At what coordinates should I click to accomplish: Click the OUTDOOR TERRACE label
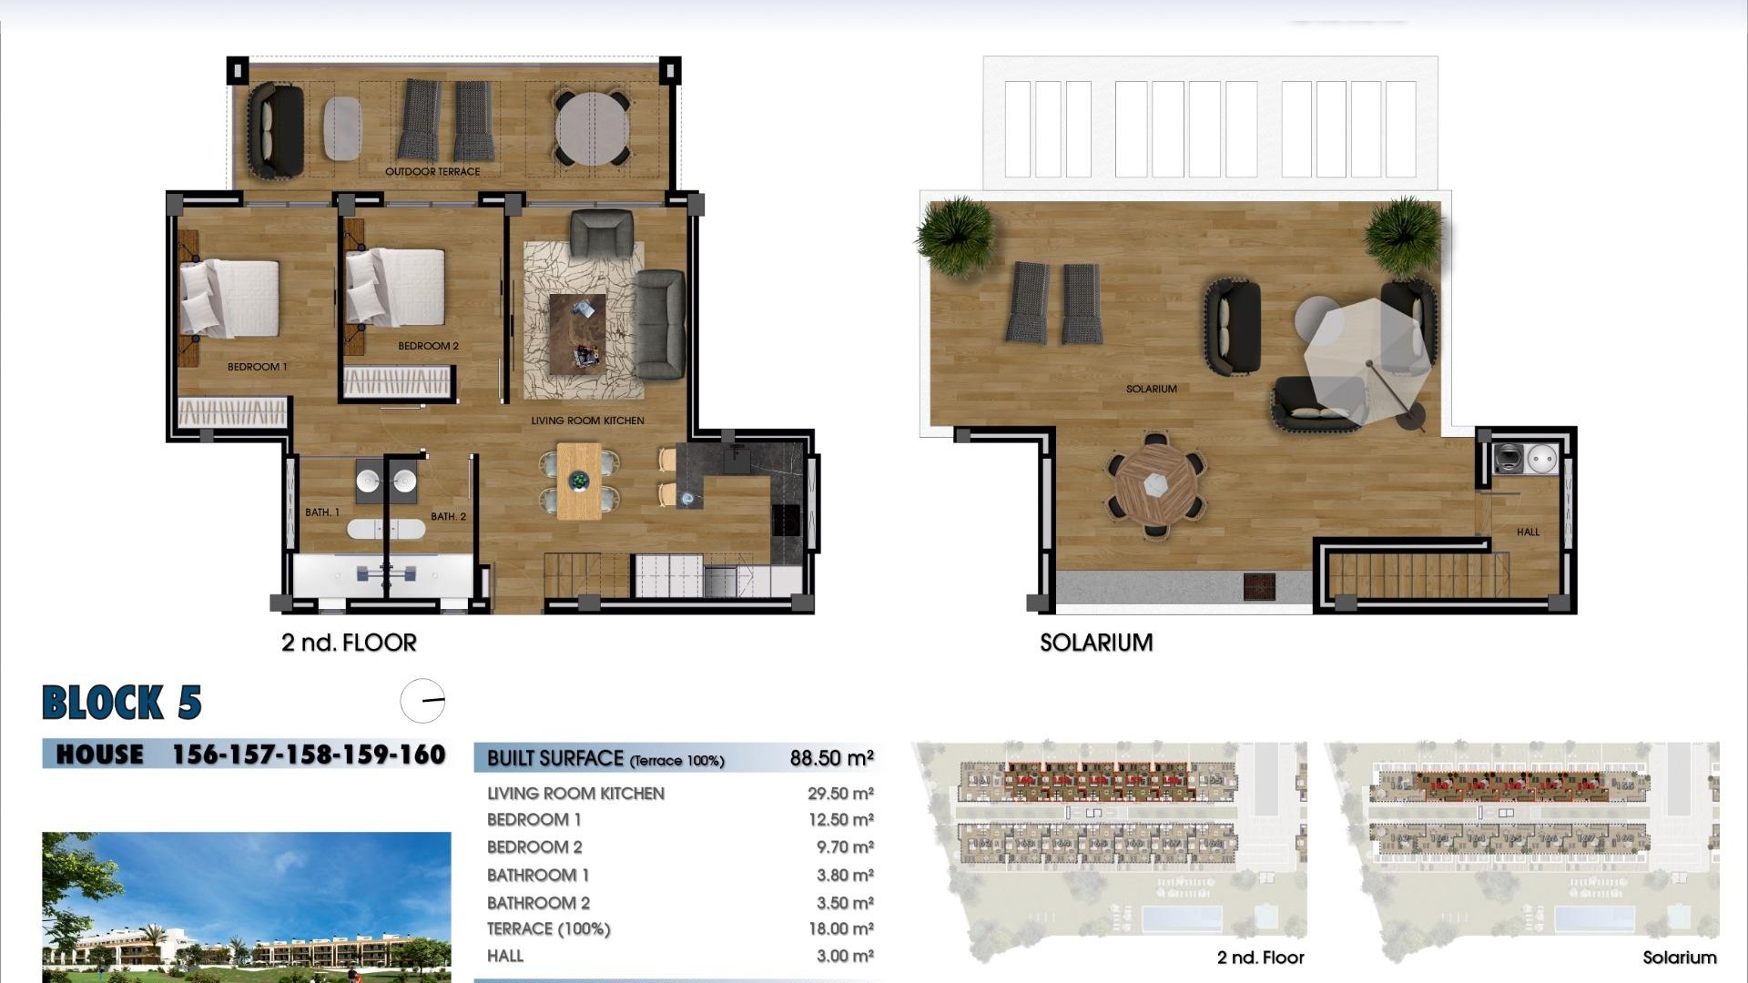[x=432, y=171]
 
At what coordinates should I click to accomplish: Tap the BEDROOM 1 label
[x=257, y=367]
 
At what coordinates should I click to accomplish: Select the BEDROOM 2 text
[x=428, y=346]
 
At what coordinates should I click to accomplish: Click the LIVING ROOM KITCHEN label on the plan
[x=587, y=421]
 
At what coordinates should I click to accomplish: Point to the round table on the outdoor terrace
[x=592, y=128]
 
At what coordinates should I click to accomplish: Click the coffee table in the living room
[x=577, y=333]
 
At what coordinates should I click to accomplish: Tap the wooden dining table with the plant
[x=579, y=481]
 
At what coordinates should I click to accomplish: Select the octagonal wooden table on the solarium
[x=1155, y=484]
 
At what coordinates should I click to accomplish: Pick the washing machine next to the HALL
[x=1509, y=458]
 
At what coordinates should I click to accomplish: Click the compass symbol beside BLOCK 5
[x=422, y=701]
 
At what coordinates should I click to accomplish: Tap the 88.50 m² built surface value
[x=831, y=758]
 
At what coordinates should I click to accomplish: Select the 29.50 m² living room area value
[x=840, y=794]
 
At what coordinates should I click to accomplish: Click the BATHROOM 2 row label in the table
[x=538, y=903]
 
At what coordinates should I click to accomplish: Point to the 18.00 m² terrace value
[x=840, y=929]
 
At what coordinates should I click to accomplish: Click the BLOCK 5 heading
[x=122, y=703]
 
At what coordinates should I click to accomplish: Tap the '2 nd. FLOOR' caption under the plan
[x=349, y=643]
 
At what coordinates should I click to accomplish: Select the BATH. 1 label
[x=321, y=512]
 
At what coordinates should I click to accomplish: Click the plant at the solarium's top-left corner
[x=956, y=235]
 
